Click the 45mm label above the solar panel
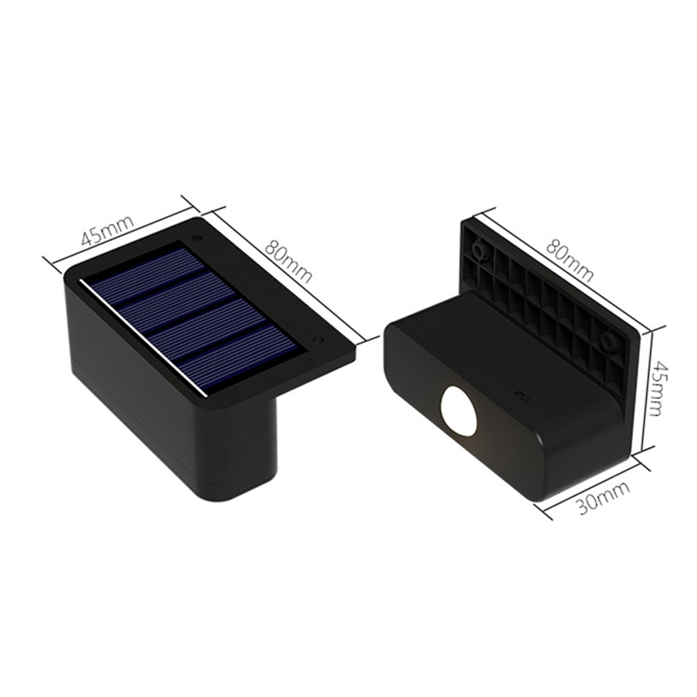107,230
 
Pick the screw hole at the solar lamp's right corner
317,339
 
